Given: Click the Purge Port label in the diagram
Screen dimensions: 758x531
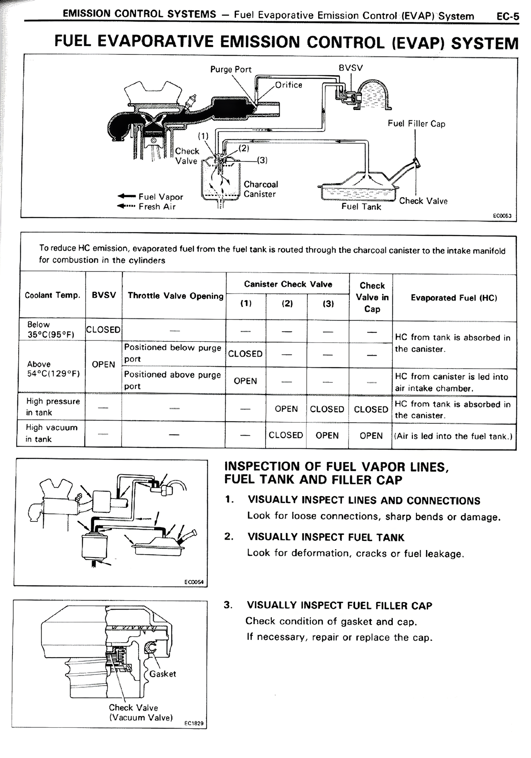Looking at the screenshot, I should (231, 69).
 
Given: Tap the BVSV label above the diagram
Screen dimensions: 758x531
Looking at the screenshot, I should (351, 68).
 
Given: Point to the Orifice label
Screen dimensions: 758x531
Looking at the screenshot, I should (289, 85).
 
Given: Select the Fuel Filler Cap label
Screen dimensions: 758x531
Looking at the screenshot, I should (416, 124).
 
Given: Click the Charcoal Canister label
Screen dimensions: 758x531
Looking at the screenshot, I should (261, 189).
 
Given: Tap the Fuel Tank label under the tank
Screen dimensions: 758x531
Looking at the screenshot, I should (361, 207).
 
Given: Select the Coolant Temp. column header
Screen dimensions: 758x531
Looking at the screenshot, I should (52, 296).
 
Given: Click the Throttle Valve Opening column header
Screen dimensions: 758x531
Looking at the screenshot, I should (175, 296).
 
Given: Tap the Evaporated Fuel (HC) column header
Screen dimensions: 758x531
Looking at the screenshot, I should (453, 298).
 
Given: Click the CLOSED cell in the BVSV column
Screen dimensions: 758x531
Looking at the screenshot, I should (103, 330).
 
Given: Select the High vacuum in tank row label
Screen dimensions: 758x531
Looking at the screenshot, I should (51, 433).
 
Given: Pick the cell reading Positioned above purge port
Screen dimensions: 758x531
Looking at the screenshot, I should (173, 380).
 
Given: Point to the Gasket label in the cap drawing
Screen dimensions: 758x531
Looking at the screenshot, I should (163, 674).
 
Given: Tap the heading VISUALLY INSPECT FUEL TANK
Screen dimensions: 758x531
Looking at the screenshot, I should (325, 537).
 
